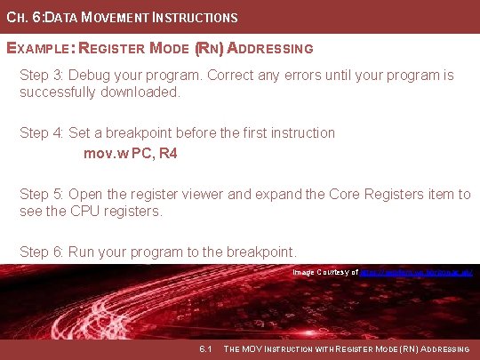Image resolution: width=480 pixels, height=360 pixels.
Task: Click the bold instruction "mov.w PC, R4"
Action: pyautogui.click(x=131, y=154)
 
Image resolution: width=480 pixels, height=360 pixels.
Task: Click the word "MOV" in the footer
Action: pyautogui.click(x=256, y=348)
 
